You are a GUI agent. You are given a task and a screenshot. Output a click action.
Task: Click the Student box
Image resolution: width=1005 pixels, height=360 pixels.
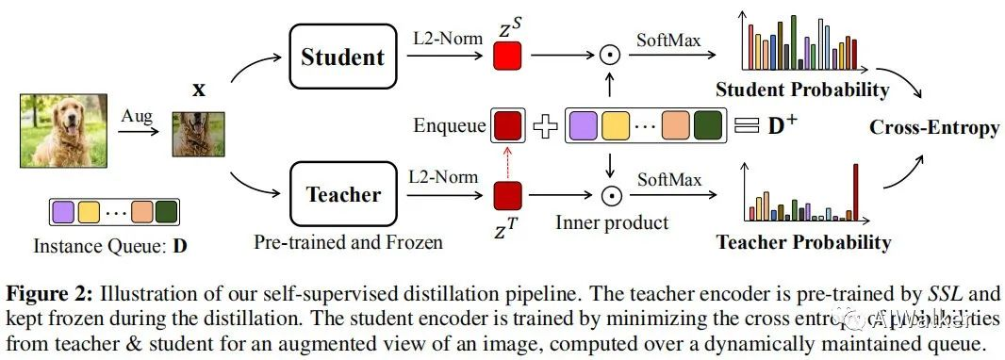(x=343, y=57)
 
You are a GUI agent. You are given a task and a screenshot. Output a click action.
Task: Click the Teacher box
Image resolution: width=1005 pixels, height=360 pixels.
(x=343, y=195)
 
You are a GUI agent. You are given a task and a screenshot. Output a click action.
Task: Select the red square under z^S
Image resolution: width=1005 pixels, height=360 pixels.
(x=507, y=57)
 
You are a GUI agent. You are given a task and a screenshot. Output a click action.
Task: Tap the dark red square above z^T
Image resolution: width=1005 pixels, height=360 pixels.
(x=507, y=195)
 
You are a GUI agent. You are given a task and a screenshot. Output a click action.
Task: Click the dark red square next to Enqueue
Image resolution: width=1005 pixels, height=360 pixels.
(x=507, y=126)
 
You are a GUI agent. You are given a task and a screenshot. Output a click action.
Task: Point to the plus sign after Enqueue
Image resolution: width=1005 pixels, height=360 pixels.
(x=544, y=127)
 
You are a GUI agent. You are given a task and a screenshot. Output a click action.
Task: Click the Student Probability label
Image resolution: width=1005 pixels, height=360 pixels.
(x=802, y=90)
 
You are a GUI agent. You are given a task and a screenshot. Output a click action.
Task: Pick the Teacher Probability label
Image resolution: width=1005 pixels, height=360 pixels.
(x=803, y=242)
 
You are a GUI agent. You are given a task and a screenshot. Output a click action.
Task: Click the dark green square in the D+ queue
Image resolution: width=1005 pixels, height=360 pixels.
(x=706, y=126)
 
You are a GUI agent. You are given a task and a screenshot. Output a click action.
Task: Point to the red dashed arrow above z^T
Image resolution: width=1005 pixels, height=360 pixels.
(x=507, y=161)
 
